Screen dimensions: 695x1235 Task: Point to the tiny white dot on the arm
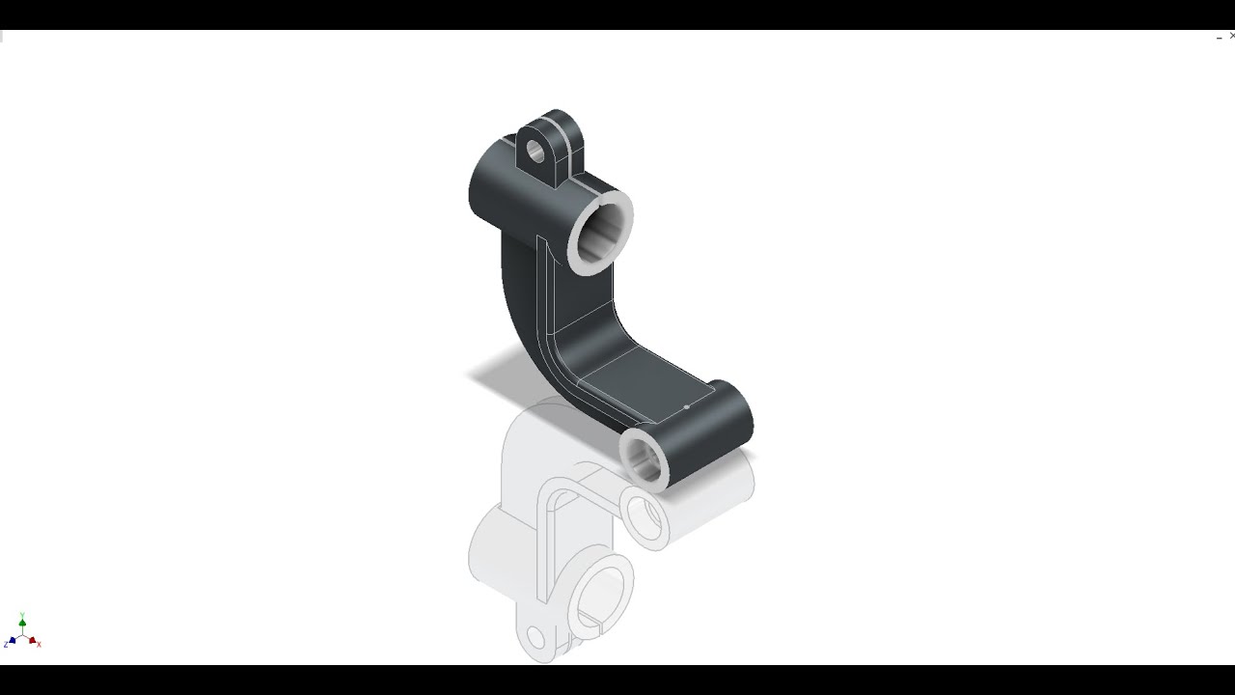pos(686,407)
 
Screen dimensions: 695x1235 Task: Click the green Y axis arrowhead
pos(22,624)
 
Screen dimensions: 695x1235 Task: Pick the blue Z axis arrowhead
pos(12,641)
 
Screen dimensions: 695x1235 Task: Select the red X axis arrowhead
pos(32,639)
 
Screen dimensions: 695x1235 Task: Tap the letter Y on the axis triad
pos(22,615)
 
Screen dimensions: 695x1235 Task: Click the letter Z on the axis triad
pos(6,645)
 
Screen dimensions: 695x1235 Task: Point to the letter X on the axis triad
pos(39,644)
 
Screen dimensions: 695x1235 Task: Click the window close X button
pos(1231,36)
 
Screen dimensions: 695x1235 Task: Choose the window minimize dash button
pos(1219,38)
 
